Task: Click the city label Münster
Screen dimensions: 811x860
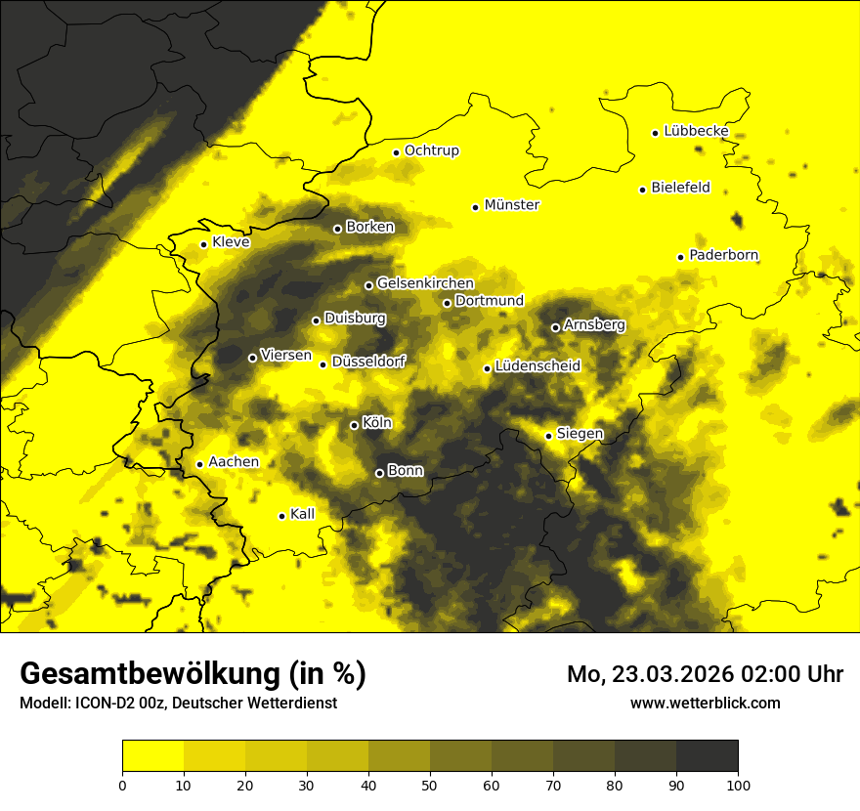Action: pyautogui.click(x=511, y=205)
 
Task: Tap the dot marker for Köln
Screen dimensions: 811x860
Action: pyautogui.click(x=355, y=425)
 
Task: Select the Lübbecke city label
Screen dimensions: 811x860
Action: pyautogui.click(x=696, y=131)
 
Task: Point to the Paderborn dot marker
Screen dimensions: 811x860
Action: pyautogui.click(x=681, y=257)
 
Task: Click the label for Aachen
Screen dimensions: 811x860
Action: pyautogui.click(x=234, y=462)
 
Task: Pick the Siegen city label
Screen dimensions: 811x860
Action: pyautogui.click(x=580, y=434)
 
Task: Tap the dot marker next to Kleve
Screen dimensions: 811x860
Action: pyautogui.click(x=204, y=244)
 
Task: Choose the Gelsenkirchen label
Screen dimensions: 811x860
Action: pyautogui.click(x=425, y=283)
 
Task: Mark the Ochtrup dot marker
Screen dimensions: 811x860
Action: pyautogui.click(x=397, y=152)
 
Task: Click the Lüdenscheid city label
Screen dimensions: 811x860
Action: pyautogui.click(x=537, y=366)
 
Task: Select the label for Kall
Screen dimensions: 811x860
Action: pyautogui.click(x=303, y=514)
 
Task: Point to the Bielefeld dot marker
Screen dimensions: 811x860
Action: pyautogui.click(x=643, y=190)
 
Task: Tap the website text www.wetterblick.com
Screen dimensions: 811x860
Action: pyautogui.click(x=705, y=703)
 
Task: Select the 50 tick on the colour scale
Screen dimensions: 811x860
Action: pyautogui.click(x=430, y=784)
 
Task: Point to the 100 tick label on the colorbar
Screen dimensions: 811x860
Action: pyautogui.click(x=738, y=784)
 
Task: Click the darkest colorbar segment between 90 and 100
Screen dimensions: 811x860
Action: pyautogui.click(x=707, y=755)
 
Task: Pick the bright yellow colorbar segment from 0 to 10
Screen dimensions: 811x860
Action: pyautogui.click(x=153, y=755)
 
